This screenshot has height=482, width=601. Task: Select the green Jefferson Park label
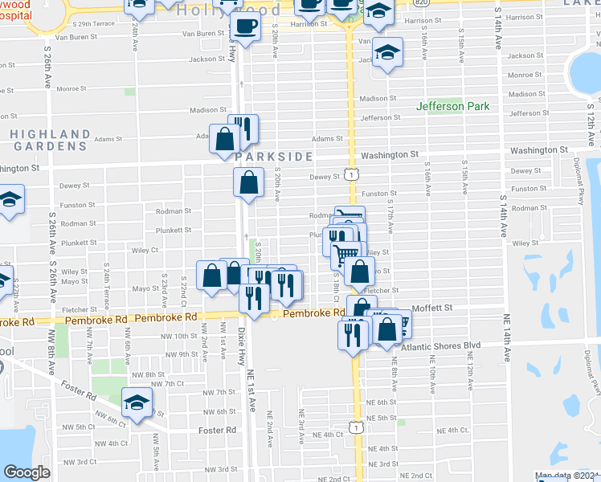[452, 107]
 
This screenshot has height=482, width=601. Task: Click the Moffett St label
[432, 308]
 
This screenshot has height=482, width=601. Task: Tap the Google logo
[27, 472]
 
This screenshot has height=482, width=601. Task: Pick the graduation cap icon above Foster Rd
[137, 401]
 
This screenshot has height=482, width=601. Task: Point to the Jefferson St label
[380, 118]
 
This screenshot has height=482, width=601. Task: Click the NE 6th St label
[382, 402]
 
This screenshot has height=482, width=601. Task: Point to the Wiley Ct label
[145, 250]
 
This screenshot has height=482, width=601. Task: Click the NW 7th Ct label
[168, 384]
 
